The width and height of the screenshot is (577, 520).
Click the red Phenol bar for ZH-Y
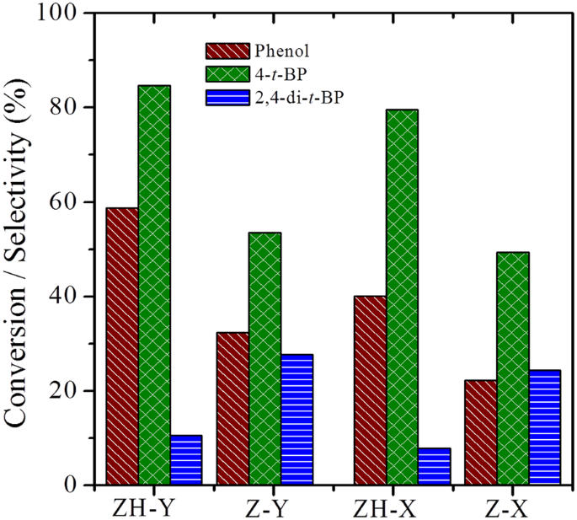(x=122, y=346)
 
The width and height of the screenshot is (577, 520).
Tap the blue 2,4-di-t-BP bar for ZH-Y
(x=186, y=460)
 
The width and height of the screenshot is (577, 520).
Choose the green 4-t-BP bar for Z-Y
(x=264, y=359)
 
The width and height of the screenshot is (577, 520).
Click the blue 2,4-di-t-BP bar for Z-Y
(x=297, y=420)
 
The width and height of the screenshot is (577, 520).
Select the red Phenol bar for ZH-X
(x=371, y=390)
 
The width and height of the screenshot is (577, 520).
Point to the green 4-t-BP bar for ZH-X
(x=403, y=298)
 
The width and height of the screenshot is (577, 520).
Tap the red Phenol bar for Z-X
(x=481, y=432)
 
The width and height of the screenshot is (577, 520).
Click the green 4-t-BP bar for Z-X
(x=513, y=368)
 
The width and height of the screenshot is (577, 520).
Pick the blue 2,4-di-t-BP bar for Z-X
(x=545, y=427)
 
